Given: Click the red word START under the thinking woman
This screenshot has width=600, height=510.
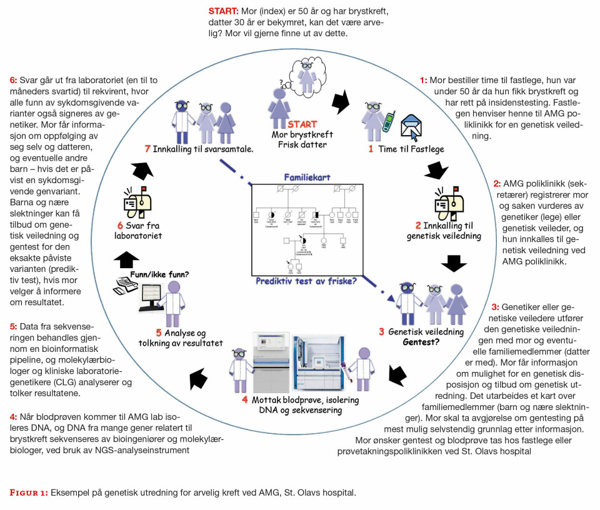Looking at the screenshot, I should [302, 124].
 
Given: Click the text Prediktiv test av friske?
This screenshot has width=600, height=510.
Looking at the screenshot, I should [306, 281].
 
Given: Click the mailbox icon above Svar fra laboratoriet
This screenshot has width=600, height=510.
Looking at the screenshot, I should [138, 200].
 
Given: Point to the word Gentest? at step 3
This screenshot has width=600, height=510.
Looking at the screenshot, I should [424, 342].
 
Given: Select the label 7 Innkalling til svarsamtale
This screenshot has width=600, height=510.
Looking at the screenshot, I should [190, 149].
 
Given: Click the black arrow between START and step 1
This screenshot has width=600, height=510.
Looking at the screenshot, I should [341, 101].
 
